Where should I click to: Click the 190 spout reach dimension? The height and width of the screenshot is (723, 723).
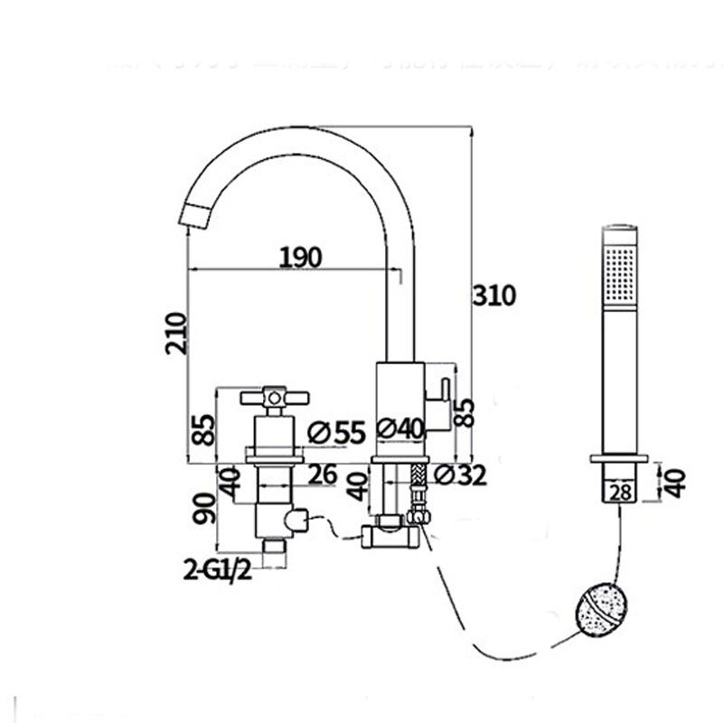[x=300, y=257]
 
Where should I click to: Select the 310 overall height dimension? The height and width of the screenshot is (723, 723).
[x=493, y=295]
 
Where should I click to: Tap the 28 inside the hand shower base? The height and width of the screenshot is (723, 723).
[x=619, y=491]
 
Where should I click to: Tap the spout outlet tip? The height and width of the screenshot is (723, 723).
[x=197, y=216]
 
